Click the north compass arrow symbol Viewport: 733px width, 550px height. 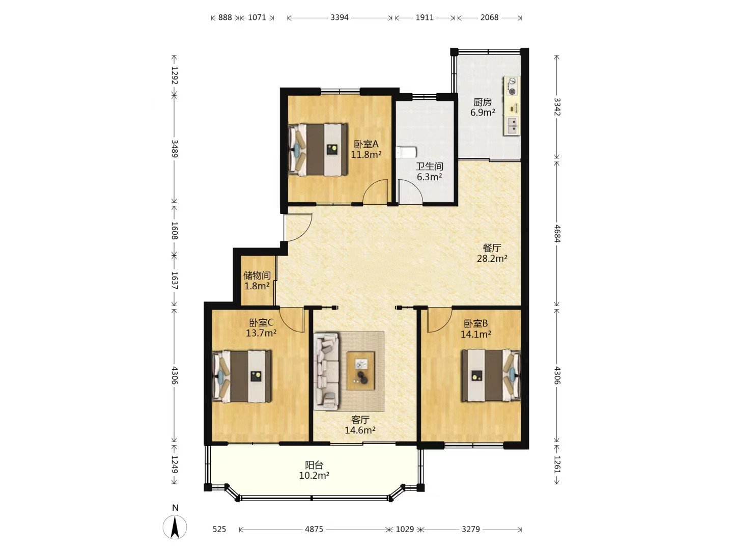[x=175, y=527]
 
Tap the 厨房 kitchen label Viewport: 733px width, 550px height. [x=483, y=102]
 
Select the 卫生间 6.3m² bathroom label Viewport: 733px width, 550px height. [x=430, y=171]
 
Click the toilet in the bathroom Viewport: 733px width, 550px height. [x=406, y=153]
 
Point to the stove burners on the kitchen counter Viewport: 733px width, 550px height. [x=512, y=86]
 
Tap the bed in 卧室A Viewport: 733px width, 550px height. [x=318, y=149]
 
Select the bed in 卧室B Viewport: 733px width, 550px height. [x=491, y=375]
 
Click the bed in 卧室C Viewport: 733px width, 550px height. [x=242, y=376]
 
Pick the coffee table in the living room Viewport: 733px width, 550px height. [x=361, y=371]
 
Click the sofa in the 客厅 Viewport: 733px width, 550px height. [x=326, y=371]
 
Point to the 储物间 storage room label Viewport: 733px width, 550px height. [x=257, y=275]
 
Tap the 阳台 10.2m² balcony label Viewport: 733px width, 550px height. [x=314, y=470]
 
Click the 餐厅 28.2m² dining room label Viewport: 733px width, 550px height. [x=492, y=253]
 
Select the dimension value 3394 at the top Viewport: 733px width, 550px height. [x=340, y=17]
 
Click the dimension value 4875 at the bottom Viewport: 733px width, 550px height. [x=314, y=529]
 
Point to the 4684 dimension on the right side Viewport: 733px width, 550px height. [x=557, y=233]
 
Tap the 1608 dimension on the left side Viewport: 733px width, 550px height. [x=174, y=230]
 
